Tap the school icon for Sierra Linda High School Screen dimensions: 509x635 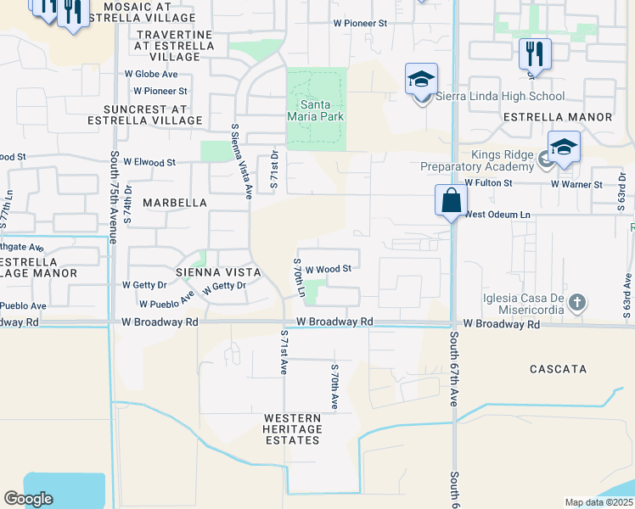click(x=421, y=80)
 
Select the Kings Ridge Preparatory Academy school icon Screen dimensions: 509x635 click(x=564, y=148)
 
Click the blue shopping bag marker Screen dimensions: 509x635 click(x=451, y=202)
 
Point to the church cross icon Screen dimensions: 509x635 click(x=576, y=303)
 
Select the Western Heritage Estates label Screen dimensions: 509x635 click(x=292, y=429)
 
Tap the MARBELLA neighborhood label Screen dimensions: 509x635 click(x=175, y=203)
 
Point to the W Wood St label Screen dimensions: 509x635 click(x=329, y=269)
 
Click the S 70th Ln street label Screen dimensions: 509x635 click(x=299, y=277)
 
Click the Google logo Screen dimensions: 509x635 click(x=29, y=499)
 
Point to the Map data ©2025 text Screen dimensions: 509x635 click(x=598, y=502)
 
